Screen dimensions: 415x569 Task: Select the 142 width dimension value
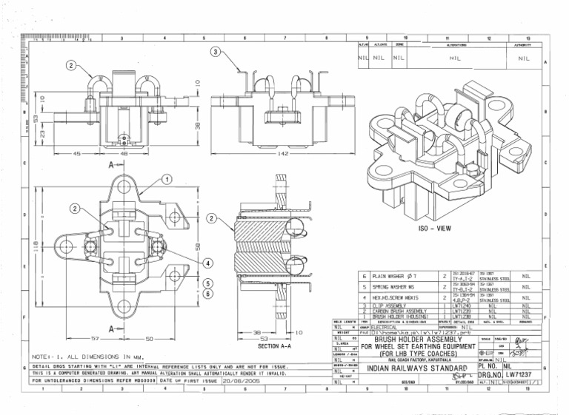pos(284,154)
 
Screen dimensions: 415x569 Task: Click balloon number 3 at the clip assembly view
pos(215,52)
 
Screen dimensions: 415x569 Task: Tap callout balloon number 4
pos(209,263)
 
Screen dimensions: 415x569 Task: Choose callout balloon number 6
pos(209,294)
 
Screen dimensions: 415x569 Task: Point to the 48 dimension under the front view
pos(124,154)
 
